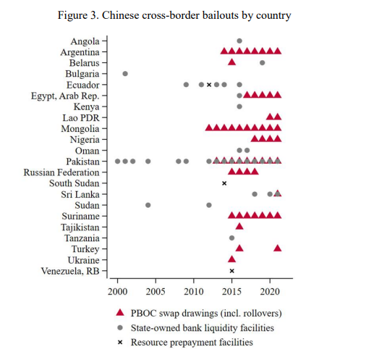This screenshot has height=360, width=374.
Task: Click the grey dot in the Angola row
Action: pyautogui.click(x=239, y=41)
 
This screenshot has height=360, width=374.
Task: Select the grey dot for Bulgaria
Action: pyautogui.click(x=125, y=73)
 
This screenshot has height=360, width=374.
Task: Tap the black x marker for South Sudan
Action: pyautogui.click(x=224, y=183)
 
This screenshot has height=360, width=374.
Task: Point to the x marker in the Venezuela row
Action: pyautogui.click(x=231, y=271)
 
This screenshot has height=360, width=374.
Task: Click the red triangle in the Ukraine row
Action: pyautogui.click(x=231, y=259)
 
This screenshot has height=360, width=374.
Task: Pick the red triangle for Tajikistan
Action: pyautogui.click(x=239, y=227)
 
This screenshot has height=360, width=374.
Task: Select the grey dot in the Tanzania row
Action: pyautogui.click(x=231, y=238)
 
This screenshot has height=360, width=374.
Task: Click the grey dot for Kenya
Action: pyautogui.click(x=239, y=106)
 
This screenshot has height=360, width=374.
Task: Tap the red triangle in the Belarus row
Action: pyautogui.click(x=231, y=62)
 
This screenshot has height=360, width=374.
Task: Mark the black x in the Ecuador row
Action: pyautogui.click(x=209, y=85)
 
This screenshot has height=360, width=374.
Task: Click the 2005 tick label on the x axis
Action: pyautogui.click(x=156, y=292)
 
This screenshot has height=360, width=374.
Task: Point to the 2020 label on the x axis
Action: pyautogui.click(x=270, y=292)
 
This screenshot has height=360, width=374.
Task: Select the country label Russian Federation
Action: pyautogui.click(x=61, y=172)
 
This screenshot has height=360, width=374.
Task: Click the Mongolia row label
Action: pyautogui.click(x=80, y=129)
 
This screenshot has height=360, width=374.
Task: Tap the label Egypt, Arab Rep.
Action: pyautogui.click(x=65, y=96)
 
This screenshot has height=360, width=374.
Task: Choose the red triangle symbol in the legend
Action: pyautogui.click(x=120, y=313)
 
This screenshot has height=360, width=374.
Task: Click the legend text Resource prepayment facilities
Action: pyautogui.click(x=192, y=343)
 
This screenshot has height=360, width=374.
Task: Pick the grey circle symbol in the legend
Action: pyautogui.click(x=120, y=327)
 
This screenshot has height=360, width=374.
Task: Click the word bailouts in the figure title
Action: pyautogui.click(x=219, y=15)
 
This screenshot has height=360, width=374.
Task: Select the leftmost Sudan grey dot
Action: pyautogui.click(x=148, y=205)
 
